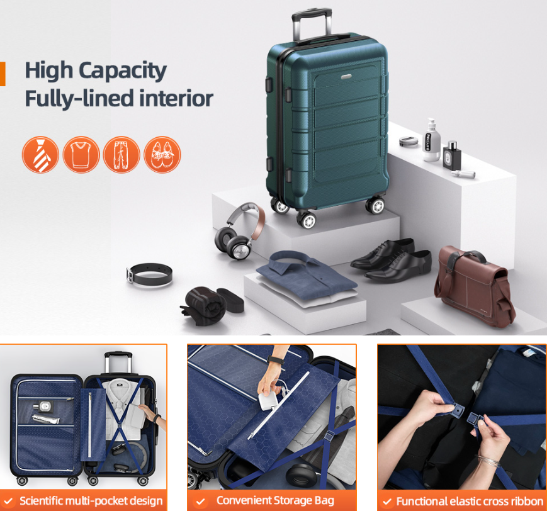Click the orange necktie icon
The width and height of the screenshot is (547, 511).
(40, 155)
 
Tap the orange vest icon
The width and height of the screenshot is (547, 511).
(81, 155)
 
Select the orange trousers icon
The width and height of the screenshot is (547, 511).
(121, 155)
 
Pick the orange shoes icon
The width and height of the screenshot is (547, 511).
(162, 155)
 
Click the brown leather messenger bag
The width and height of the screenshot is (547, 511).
(474, 286)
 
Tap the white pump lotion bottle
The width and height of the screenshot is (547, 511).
(431, 140)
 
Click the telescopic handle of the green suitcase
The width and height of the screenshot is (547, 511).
(312, 25)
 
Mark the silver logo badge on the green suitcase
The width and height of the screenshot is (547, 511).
(346, 77)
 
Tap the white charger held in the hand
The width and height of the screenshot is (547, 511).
(268, 401)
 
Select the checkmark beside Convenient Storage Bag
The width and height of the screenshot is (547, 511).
(200, 501)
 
